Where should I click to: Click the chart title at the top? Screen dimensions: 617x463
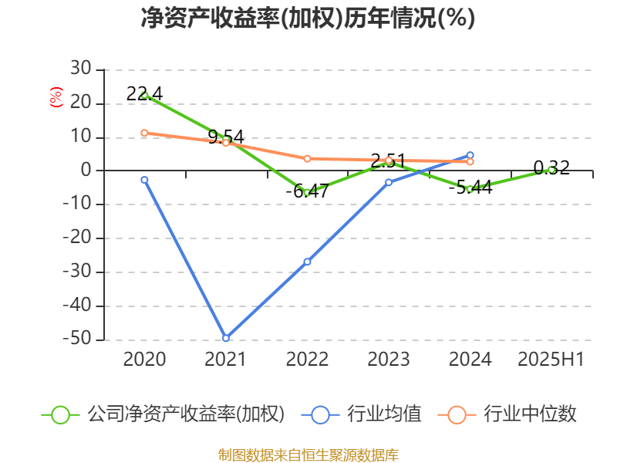point(308,18)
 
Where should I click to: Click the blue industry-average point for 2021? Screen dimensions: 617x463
point(226,338)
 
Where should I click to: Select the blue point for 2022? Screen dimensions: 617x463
point(307,262)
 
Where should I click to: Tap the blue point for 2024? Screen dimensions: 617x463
point(470,155)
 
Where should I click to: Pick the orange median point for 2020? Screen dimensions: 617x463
point(144,133)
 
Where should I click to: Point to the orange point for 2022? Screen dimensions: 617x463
point(307,159)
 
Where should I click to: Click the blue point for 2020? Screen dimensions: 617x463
point(144,180)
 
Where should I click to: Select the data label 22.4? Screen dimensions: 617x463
point(144,93)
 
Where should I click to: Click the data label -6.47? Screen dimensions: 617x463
point(307,191)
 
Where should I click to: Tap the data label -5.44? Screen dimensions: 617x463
point(470,188)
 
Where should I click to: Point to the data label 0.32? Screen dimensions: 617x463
point(551,167)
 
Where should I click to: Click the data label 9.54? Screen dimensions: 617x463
point(226,137)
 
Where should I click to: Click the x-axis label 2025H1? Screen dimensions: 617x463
point(551,359)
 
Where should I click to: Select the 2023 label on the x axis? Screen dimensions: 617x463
point(389,359)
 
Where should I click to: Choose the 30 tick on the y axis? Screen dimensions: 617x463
point(81,69)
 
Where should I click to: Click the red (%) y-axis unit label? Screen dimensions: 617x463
point(56,97)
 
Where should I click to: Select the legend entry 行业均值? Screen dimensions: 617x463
point(384,414)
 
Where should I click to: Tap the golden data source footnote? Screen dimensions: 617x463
point(308,455)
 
